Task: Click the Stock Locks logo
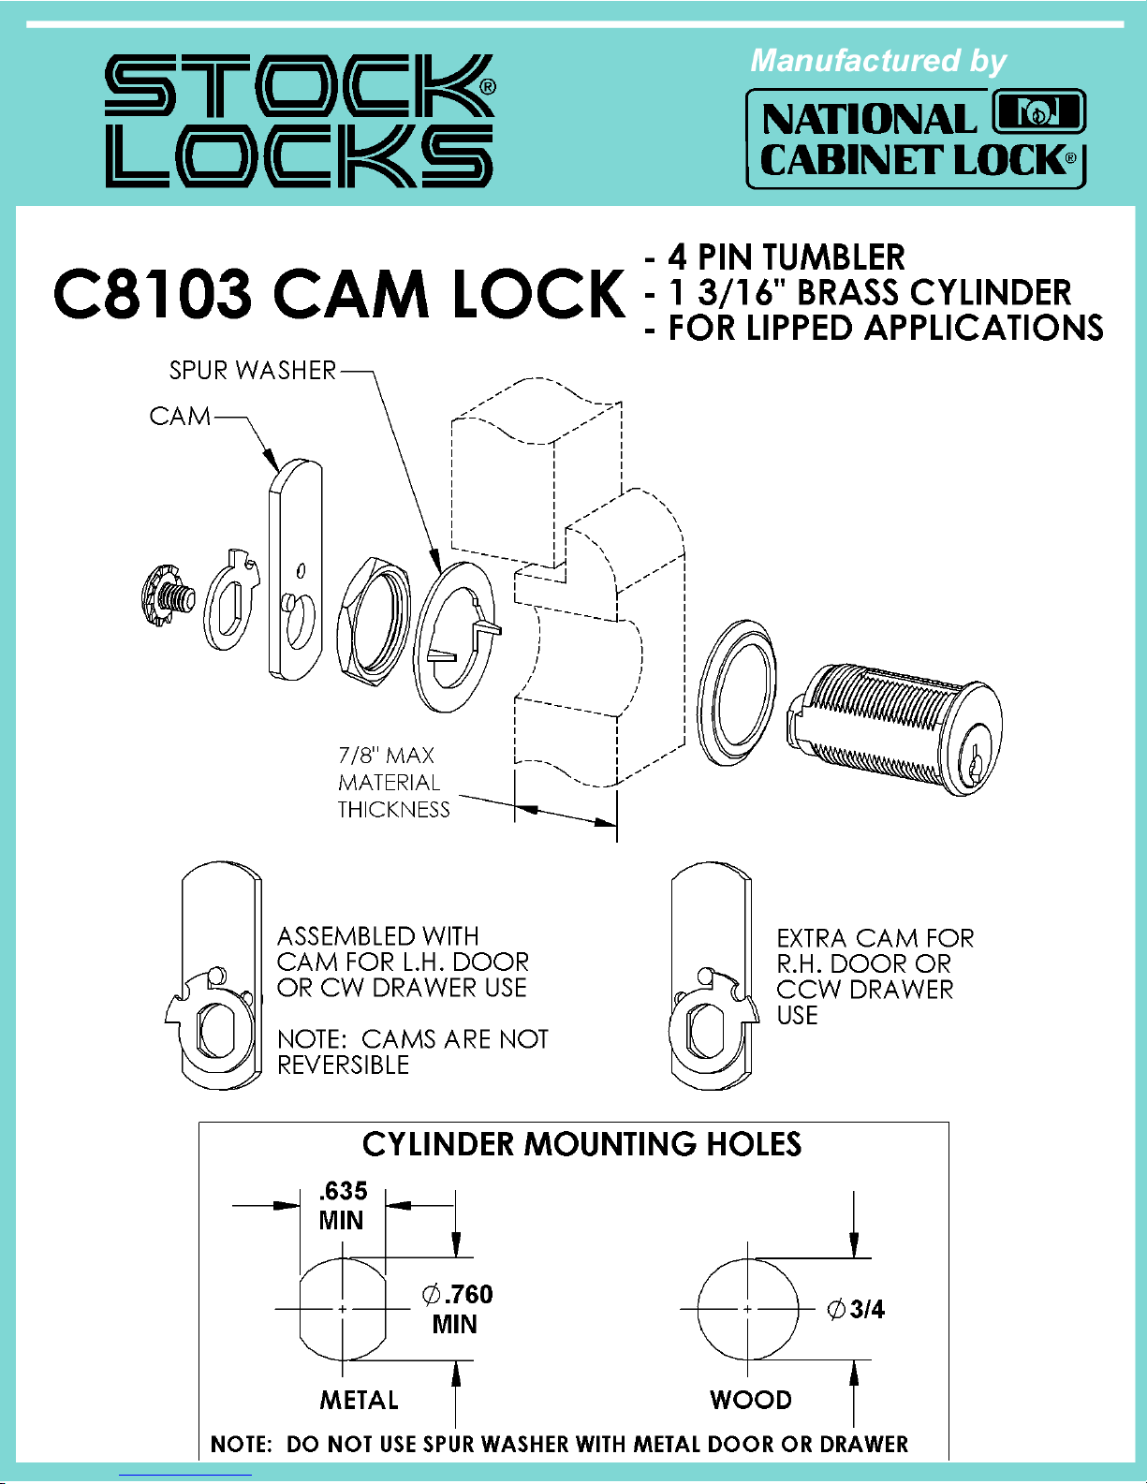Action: pyautogui.click(x=300, y=121)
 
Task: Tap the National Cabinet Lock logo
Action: pyautogui.click(x=915, y=139)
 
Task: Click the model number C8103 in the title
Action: pyautogui.click(x=153, y=294)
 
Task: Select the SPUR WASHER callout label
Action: pyautogui.click(x=252, y=371)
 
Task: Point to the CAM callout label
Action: pyautogui.click(x=180, y=416)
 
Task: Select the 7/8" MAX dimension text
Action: pyautogui.click(x=387, y=756)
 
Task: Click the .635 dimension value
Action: pyautogui.click(x=343, y=1191)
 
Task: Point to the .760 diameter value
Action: pyautogui.click(x=468, y=1295)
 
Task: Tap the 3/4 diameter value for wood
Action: pyautogui.click(x=867, y=1309)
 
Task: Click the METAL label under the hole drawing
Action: pyautogui.click(x=359, y=1400)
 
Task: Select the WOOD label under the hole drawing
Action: pyautogui.click(x=751, y=1400)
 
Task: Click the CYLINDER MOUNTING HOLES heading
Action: pyautogui.click(x=581, y=1144)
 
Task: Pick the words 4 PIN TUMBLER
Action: pyautogui.click(x=787, y=257)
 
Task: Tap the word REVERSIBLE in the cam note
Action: pyautogui.click(x=344, y=1065)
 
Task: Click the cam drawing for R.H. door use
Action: pyautogui.click(x=712, y=978)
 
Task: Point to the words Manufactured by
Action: pyautogui.click(x=877, y=61)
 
